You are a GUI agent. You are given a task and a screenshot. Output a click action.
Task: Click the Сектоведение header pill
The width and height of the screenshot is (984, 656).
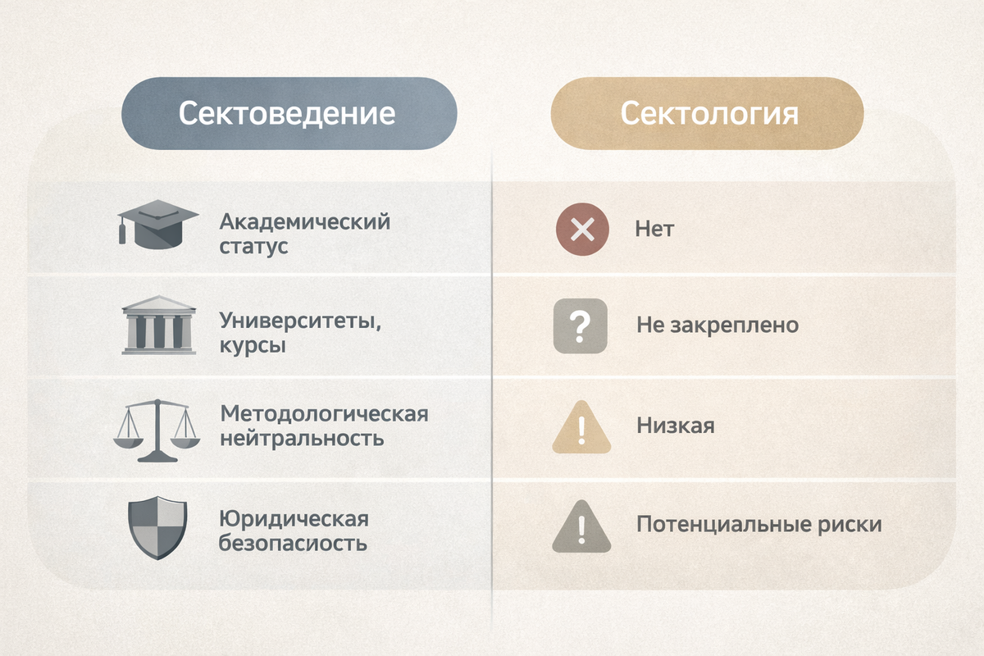point(288,113)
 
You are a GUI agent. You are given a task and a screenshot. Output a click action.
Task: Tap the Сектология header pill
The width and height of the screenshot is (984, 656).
point(707,113)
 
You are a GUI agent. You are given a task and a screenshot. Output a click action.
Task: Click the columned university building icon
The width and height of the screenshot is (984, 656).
point(157,325)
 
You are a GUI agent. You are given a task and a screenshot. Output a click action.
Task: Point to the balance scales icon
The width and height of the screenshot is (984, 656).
point(156,430)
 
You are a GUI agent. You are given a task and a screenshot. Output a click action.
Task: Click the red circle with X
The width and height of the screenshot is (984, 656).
point(581,229)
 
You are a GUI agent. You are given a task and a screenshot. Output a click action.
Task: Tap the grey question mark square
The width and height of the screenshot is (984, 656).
point(581,326)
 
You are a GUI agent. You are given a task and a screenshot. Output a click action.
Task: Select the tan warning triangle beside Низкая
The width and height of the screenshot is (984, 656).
point(581,427)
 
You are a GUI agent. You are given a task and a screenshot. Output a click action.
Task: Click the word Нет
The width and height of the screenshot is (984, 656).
point(654,229)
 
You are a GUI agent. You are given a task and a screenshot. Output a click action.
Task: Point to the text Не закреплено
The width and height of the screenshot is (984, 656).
point(717,326)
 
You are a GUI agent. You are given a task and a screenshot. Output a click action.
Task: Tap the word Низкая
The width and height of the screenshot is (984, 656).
point(675,426)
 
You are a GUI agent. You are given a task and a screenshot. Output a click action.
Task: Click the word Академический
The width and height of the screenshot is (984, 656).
point(304,222)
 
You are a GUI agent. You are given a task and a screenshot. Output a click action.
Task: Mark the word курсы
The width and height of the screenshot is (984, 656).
point(253,345)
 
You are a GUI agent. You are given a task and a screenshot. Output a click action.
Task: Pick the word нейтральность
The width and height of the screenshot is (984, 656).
point(301,438)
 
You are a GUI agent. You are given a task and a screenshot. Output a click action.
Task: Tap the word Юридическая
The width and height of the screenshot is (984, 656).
point(293,519)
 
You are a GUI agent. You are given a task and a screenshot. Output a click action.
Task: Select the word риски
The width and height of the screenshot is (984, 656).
point(853,525)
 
